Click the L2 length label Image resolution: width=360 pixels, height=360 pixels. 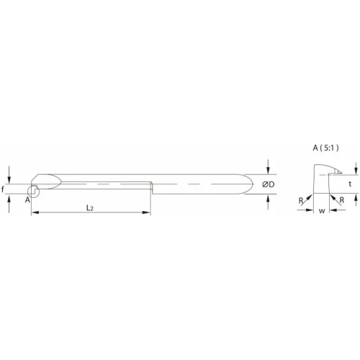click(90, 207)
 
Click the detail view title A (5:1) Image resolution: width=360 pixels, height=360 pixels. click(327, 148)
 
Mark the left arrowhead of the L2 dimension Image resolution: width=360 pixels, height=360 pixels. click(34, 212)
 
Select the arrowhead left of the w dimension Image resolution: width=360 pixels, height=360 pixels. click(310, 212)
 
